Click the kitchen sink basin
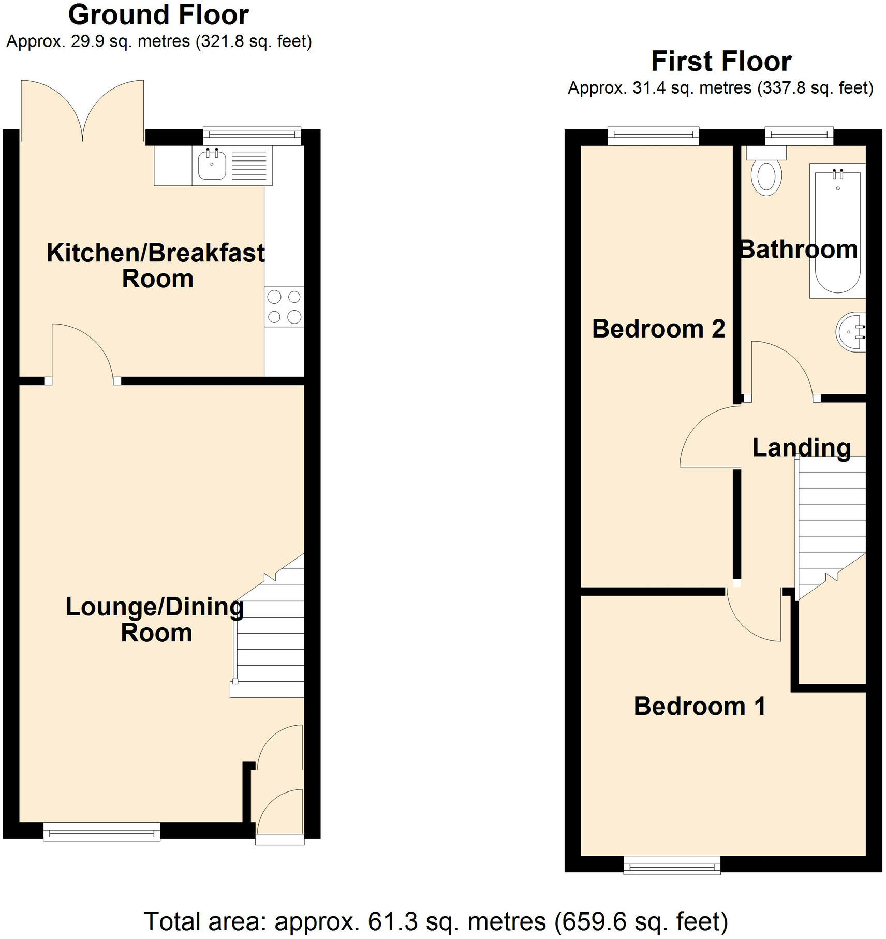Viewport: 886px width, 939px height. (212, 164)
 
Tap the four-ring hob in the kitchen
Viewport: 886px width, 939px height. (284, 306)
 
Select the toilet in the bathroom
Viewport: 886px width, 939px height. (766, 176)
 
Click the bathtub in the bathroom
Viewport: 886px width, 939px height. (837, 230)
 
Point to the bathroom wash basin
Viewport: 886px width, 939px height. (851, 332)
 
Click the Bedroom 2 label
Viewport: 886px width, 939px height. (658, 329)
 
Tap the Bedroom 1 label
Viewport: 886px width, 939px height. (699, 707)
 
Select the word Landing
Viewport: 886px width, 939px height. (801, 448)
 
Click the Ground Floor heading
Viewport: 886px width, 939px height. (158, 15)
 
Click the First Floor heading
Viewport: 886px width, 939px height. (721, 62)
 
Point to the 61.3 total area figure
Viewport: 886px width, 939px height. (392, 922)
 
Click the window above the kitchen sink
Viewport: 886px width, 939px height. (252, 136)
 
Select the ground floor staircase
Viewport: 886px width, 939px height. (269, 642)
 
